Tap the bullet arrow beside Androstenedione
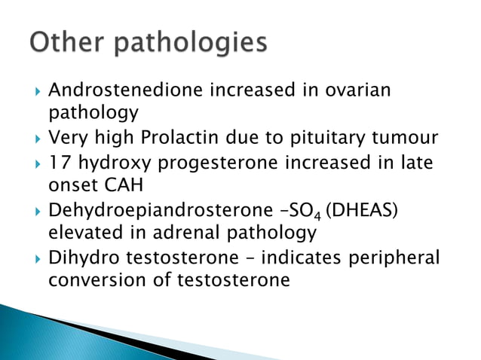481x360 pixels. point(30,91)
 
